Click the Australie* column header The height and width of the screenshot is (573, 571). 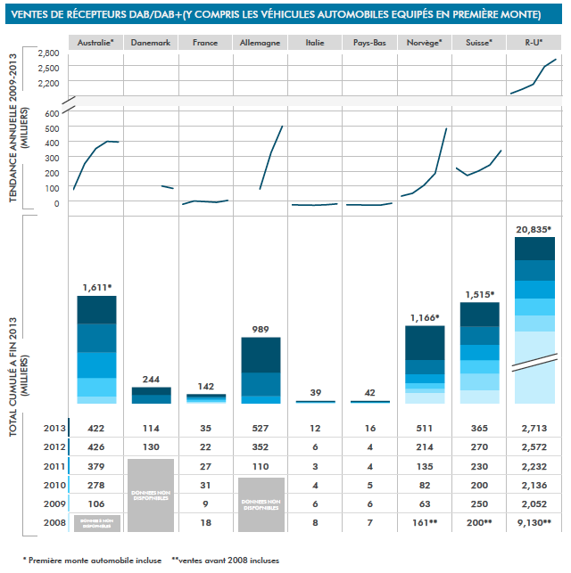[95, 43]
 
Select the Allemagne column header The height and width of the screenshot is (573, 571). [260, 43]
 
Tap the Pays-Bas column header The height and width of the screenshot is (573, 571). [369, 43]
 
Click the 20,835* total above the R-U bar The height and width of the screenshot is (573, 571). [534, 229]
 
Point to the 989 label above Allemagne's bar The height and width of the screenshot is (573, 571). [260, 330]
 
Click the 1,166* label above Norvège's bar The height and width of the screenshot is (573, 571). [424, 318]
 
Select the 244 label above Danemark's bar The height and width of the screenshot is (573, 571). [150, 379]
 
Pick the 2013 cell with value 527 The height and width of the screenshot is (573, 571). [260, 428]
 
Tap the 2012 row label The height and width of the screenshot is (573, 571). [53, 446]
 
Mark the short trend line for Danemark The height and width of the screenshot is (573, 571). [167, 187]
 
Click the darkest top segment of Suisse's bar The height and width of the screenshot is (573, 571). [479, 315]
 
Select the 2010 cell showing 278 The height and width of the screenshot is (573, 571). [95, 484]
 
